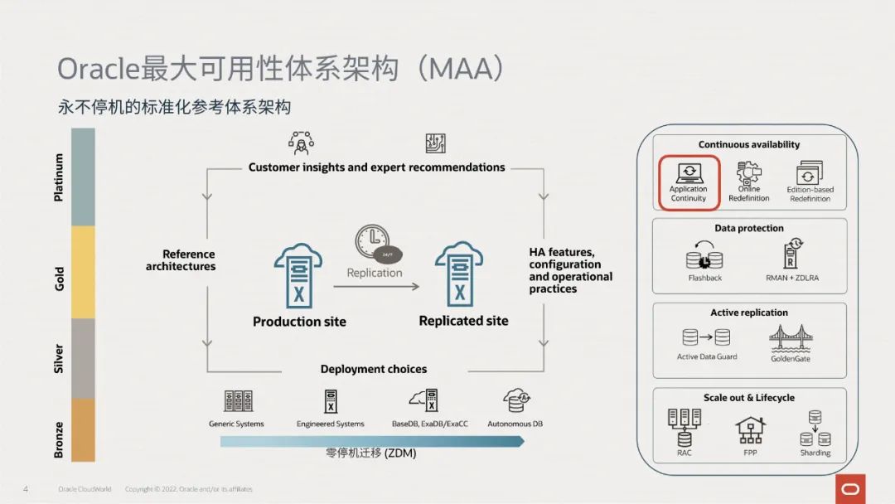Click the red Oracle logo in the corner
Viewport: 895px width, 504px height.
point(850,489)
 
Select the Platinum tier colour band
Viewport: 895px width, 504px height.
point(83,177)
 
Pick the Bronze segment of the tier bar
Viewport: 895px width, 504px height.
point(83,429)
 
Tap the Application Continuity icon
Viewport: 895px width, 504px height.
point(689,173)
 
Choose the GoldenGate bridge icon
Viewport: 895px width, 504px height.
point(790,339)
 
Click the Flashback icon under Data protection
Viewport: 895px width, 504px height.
point(704,257)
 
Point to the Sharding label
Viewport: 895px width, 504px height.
point(815,453)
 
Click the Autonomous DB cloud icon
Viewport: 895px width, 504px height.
point(516,401)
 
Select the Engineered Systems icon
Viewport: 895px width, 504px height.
point(331,401)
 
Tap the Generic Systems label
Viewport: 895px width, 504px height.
point(236,424)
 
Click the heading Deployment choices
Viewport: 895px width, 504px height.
point(374,369)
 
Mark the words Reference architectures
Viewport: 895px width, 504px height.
point(181,260)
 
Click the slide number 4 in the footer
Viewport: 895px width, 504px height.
point(26,489)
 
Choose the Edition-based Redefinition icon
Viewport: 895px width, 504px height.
point(810,173)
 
